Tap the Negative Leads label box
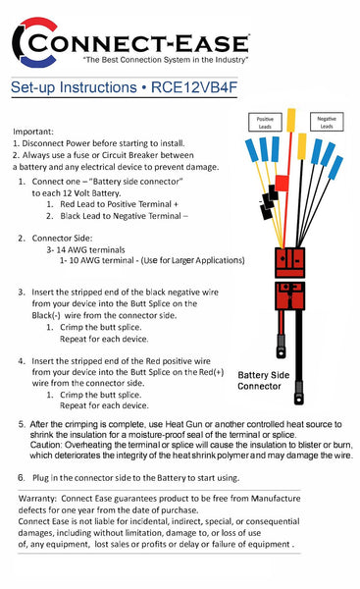tap(327, 123)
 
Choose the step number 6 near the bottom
tap(22, 477)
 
